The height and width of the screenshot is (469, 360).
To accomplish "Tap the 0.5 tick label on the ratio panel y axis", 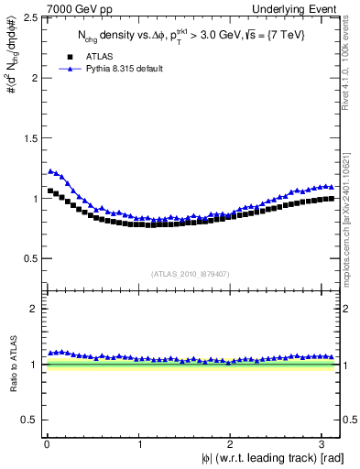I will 29,420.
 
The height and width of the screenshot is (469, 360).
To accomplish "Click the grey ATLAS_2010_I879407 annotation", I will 191,273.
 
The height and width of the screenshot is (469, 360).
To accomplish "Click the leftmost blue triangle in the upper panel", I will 50,170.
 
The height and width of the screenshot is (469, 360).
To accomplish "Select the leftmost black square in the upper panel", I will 50,191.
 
